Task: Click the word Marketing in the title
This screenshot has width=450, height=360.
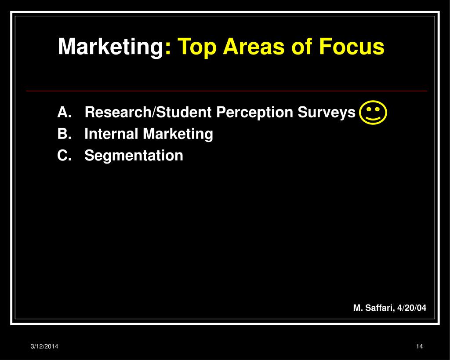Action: tap(111, 47)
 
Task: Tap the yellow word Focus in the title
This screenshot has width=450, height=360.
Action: tap(352, 47)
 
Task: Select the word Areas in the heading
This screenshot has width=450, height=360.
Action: tap(254, 47)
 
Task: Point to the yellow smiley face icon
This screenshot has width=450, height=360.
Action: tap(373, 112)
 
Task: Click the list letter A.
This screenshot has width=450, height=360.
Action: tap(64, 112)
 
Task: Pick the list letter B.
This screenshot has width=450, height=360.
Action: tap(64, 134)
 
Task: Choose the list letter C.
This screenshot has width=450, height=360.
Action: tap(64, 155)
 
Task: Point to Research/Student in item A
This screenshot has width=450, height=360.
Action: tap(148, 112)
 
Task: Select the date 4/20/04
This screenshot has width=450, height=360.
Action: tap(412, 308)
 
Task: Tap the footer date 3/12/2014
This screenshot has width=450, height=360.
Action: tap(44, 346)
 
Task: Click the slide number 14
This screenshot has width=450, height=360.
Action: tap(420, 346)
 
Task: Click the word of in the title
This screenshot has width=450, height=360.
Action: tap(301, 47)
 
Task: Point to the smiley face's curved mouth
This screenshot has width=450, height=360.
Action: tap(373, 118)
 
